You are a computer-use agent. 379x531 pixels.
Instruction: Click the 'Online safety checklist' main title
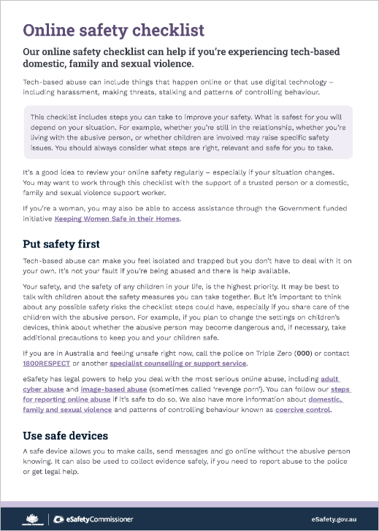click(x=113, y=30)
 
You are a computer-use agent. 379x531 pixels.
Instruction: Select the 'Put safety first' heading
click(x=61, y=244)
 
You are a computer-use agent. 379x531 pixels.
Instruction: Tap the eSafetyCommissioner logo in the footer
click(x=93, y=518)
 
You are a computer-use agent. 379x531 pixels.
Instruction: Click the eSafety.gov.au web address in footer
click(x=334, y=518)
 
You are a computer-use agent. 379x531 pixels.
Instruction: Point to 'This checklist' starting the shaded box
click(x=52, y=117)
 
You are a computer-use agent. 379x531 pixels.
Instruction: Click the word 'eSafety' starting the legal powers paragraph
click(x=37, y=381)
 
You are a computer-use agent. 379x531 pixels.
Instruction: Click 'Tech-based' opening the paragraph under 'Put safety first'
click(x=43, y=261)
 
